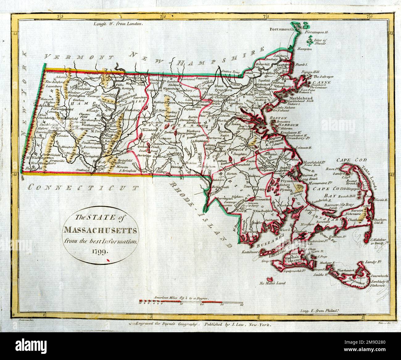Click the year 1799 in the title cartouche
pyautogui.click(x=100, y=251)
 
